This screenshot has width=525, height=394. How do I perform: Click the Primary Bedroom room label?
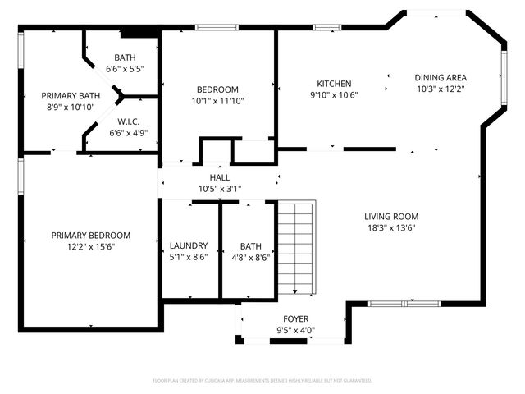90,235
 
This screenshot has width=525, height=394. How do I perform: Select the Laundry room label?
189,245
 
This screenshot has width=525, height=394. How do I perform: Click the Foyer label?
295,320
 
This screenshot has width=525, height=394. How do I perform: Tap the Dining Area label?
441,77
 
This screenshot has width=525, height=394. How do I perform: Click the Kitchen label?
334,84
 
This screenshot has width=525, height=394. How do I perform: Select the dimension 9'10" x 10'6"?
334,95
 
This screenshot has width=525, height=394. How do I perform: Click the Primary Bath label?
71,95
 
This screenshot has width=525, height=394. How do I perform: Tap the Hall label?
220,177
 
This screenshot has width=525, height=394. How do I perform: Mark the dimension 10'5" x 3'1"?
220,189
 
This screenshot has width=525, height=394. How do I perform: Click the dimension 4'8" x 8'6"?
251,257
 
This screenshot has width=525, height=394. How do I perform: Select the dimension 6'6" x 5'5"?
126,69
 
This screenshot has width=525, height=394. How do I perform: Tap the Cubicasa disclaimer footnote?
262,381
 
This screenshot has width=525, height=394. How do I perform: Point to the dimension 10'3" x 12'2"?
441,89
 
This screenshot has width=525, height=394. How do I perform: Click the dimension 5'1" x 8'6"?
189,257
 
